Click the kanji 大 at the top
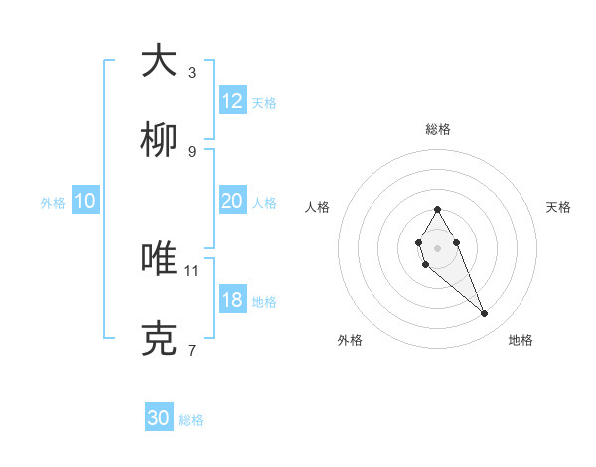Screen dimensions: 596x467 [159, 61]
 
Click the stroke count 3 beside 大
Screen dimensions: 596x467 [192, 72]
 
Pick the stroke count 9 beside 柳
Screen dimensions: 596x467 [192, 151]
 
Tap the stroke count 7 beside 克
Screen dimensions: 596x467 [192, 350]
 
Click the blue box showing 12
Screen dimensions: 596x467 [232, 101]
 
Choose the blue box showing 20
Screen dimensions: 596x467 [232, 201]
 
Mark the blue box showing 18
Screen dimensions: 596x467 [232, 300]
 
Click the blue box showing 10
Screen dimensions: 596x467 [85, 201]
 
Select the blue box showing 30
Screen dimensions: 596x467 [159, 418]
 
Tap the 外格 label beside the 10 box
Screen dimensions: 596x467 [53, 203]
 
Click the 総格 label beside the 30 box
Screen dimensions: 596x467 [191, 420]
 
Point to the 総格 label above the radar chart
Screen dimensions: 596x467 [437, 129]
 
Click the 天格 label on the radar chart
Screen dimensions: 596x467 [558, 207]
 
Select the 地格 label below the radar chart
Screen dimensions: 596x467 [521, 340]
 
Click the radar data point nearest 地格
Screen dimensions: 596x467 [485, 313]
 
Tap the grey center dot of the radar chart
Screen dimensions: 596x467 [437, 246]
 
